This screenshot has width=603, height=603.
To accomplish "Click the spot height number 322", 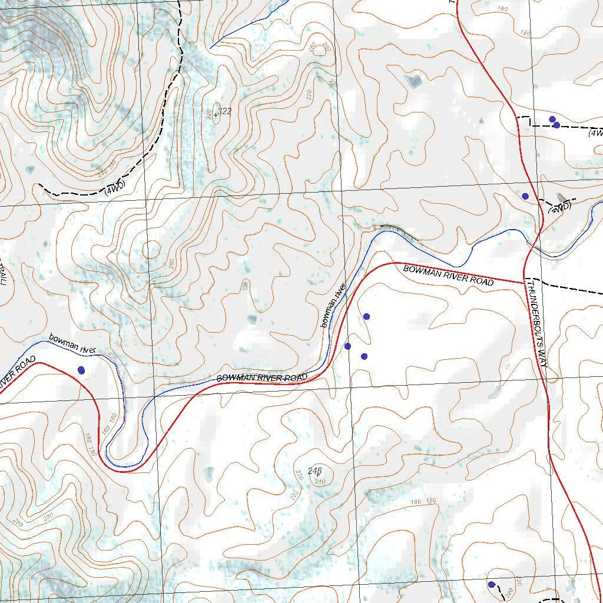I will tap(224, 111).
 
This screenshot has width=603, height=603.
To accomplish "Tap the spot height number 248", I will tap(315, 471).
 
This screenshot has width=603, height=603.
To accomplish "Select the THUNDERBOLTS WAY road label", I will tap(538, 324).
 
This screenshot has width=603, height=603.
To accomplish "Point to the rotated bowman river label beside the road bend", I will tap(333, 305).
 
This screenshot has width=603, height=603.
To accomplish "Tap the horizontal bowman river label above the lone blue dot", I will tap(72, 344).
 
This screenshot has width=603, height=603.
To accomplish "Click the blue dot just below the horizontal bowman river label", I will tap(81, 370).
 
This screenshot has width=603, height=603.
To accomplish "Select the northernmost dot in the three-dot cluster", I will tap(366, 316).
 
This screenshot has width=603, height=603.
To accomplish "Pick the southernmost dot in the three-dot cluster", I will tap(364, 356).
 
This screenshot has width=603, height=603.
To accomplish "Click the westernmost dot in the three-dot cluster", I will tap(347, 346).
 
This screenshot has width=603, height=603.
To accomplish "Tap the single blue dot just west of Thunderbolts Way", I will tap(525, 196).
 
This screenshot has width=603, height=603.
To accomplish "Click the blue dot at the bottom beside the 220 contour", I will tap(491, 584).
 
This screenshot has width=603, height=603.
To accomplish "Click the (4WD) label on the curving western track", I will tap(115, 189).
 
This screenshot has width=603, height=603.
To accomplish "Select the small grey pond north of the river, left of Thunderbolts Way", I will tap(415, 81).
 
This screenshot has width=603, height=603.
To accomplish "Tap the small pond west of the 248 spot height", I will tap(209, 473).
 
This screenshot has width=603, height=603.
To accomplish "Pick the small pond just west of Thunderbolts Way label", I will tap(495, 391).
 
